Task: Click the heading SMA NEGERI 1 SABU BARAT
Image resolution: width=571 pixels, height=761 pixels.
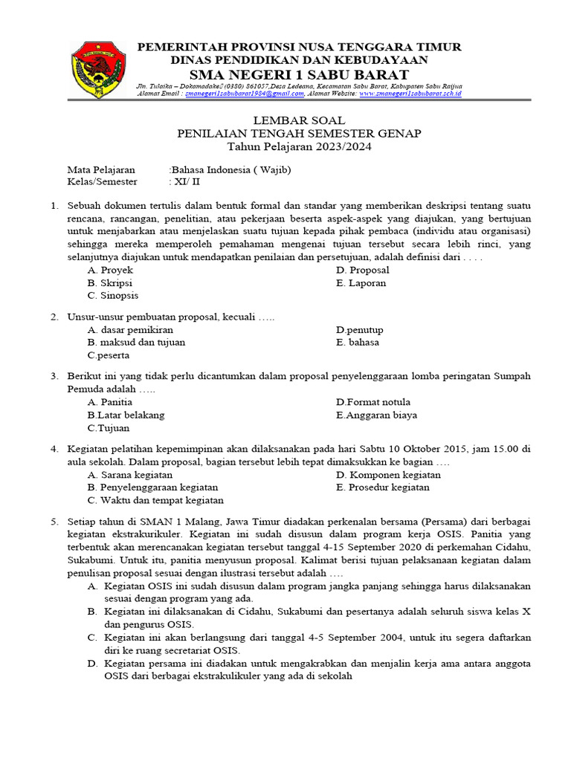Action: (x=299, y=74)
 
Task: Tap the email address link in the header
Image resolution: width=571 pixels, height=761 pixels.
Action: (x=242, y=94)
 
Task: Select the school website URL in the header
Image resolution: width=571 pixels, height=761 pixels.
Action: (x=410, y=94)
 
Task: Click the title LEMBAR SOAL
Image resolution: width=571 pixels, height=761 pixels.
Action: (x=299, y=120)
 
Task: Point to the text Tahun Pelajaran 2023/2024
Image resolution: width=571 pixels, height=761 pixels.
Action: (x=299, y=146)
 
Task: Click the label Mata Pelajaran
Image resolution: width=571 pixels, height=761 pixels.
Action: (x=101, y=169)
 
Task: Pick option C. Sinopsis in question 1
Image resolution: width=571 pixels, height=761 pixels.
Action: (x=112, y=295)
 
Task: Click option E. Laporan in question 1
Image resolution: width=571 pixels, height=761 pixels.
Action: (x=361, y=282)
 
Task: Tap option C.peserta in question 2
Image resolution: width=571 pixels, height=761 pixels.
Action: (x=108, y=355)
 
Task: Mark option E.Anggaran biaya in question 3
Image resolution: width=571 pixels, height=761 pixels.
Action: (x=376, y=415)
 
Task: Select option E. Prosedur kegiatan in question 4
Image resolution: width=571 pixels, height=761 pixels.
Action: (x=382, y=487)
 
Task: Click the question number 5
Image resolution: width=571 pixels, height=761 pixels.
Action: (x=54, y=522)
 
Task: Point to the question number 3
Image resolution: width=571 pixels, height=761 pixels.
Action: (x=54, y=376)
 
